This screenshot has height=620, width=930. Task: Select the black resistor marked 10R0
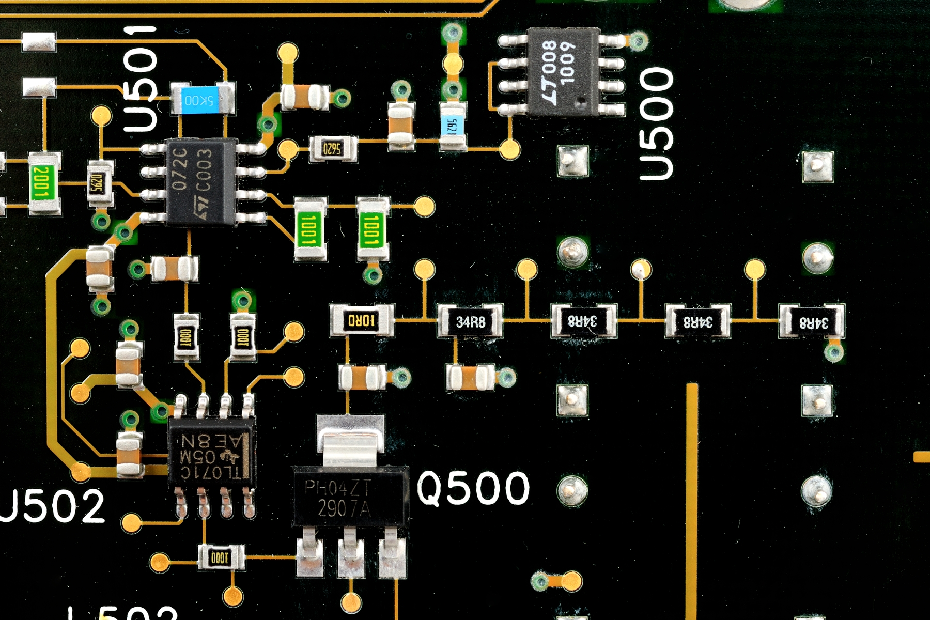tap(361, 321)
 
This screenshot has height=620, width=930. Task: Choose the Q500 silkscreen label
tap(473, 488)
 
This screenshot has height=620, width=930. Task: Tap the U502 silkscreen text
tap(52, 506)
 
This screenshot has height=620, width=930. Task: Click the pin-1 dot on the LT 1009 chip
tap(581, 102)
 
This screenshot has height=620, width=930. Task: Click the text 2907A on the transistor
tap(344, 509)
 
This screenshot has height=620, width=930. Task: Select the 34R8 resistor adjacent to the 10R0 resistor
tap(470, 321)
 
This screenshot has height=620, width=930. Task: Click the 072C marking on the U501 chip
tap(179, 168)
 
